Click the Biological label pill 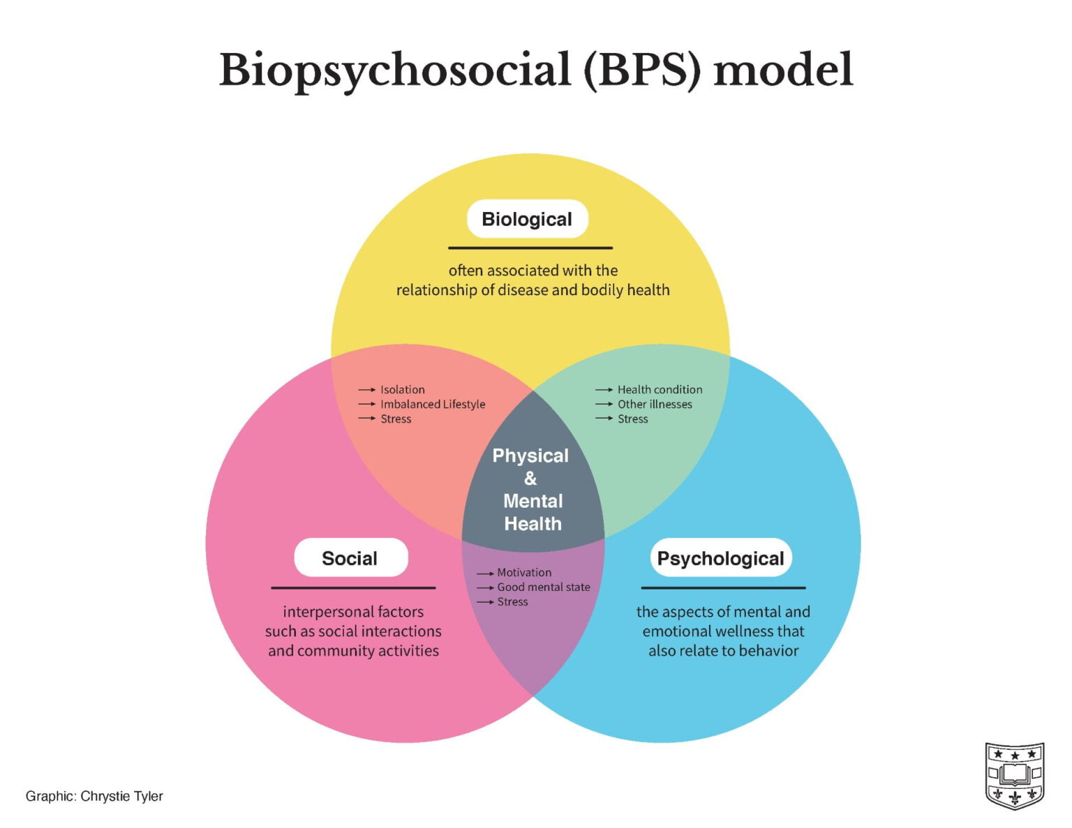[x=527, y=219]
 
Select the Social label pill [x=350, y=558]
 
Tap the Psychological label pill [x=721, y=558]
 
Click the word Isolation [x=403, y=389]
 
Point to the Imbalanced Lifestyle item [x=433, y=404]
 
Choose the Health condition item [x=660, y=389]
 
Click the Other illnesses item [x=655, y=404]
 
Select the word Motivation [x=524, y=573]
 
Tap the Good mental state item [x=544, y=587]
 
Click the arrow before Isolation [x=367, y=390]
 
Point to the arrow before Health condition [x=604, y=390]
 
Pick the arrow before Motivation [x=485, y=573]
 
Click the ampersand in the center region [x=530, y=479]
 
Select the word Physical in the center [x=530, y=456]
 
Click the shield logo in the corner [x=1014, y=775]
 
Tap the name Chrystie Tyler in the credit [x=121, y=796]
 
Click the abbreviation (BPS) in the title [x=641, y=70]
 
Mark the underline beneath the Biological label [x=530, y=248]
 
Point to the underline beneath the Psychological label [x=723, y=588]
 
